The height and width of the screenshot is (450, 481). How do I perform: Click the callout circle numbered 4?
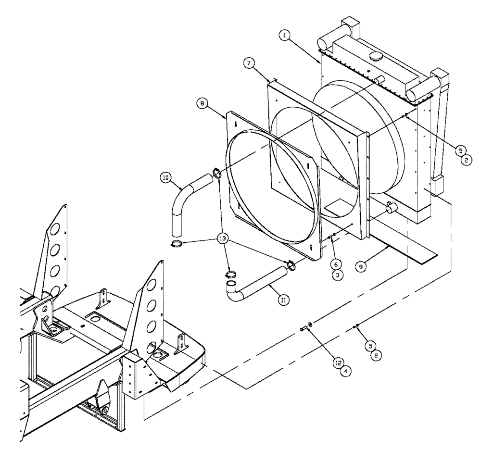345,371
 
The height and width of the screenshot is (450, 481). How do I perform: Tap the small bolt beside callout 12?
303,329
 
